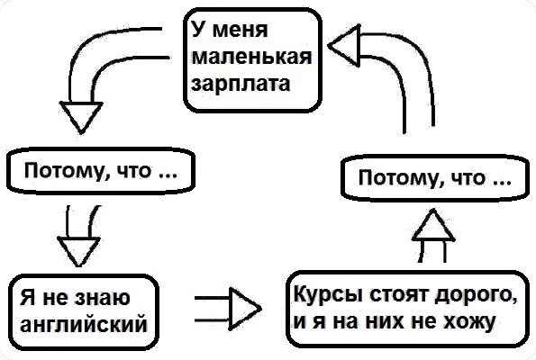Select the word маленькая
[250, 58]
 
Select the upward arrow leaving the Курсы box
[434, 237]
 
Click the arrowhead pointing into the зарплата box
[345, 42]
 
